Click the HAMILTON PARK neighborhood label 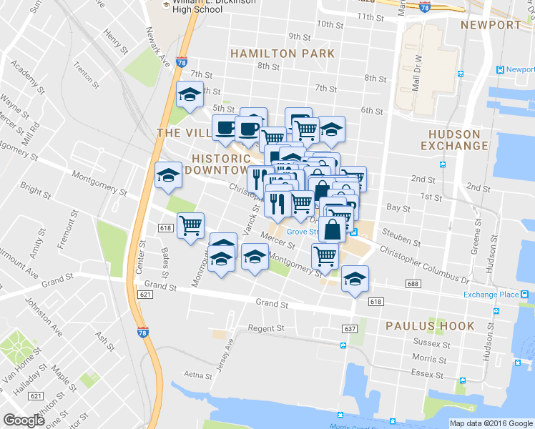point(282,54)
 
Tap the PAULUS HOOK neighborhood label point(429,326)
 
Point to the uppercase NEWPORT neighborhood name point(491,25)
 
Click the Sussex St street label point(431,343)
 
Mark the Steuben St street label point(400,233)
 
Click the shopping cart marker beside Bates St point(190,225)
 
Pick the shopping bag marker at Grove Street point(333,230)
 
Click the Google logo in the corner point(24,420)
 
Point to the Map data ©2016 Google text point(491,423)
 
